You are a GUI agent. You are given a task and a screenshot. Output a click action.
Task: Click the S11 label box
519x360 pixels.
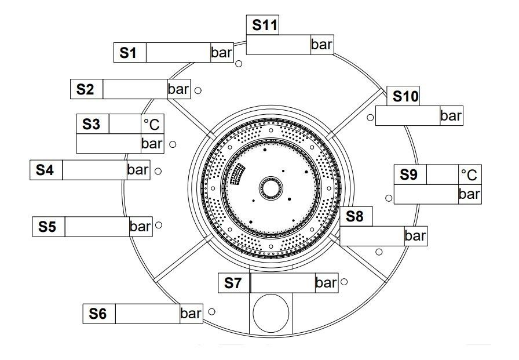pos(262,25)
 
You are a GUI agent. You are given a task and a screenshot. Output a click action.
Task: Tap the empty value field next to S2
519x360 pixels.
pos(135,89)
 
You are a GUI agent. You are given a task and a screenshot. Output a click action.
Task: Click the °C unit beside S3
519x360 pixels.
pos(152,124)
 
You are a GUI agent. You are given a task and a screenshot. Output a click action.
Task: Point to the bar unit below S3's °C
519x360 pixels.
pos(152,144)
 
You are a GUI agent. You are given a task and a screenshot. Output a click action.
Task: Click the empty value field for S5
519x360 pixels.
pos(97,227)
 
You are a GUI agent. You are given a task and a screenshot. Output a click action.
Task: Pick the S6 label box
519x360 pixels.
pos(99,314)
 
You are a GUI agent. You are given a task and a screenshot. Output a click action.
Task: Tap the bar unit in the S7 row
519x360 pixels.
pos(327,283)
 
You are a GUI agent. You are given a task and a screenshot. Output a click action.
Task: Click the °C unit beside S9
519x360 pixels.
pos(470,174)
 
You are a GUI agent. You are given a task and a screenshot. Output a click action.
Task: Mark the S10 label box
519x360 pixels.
pos(403,96)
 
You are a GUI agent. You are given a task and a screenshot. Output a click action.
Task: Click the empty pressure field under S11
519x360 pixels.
pos(279,45)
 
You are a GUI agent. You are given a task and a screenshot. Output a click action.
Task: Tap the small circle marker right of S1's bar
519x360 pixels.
pos(239,64)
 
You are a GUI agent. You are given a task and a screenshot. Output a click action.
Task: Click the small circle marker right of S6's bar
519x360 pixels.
pos(212,312)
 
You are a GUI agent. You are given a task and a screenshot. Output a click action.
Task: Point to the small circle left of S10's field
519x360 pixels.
pos(370,117)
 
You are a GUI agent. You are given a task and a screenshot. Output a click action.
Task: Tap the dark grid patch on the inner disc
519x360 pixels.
pos(237,173)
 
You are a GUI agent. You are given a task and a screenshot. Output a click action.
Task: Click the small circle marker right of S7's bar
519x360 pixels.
pos(344,282)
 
